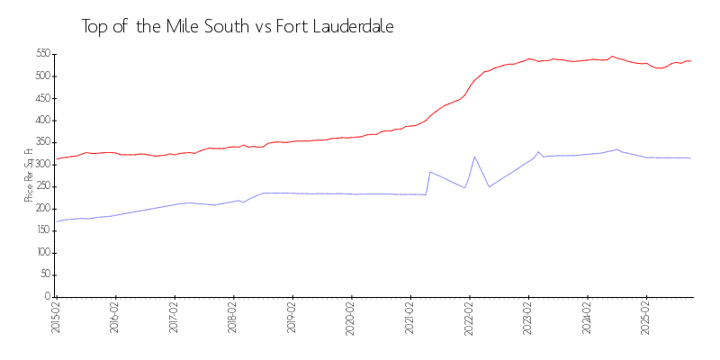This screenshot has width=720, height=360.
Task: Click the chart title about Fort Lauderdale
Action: click(238, 27)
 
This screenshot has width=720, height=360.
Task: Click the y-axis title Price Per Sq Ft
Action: click(29, 175)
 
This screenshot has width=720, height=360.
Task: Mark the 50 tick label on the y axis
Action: click(42, 274)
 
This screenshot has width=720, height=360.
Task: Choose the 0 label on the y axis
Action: click(46, 296)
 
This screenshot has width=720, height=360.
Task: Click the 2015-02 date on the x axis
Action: click(56, 316)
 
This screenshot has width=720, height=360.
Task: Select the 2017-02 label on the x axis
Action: click(174, 316)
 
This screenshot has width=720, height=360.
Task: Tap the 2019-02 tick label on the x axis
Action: click(292, 316)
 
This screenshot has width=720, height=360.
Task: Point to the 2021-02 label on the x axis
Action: click(409, 316)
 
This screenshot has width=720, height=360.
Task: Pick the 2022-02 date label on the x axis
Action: click(469, 316)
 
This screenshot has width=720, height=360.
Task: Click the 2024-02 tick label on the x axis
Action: click(587, 316)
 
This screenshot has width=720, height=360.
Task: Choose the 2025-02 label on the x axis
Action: click(645, 316)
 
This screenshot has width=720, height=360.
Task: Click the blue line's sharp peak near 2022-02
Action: click(474, 157)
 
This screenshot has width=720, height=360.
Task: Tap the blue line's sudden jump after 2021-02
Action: click(430, 171)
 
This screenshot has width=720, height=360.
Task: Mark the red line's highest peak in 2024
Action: click(612, 56)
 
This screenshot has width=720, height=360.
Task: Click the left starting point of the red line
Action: click(57, 159)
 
